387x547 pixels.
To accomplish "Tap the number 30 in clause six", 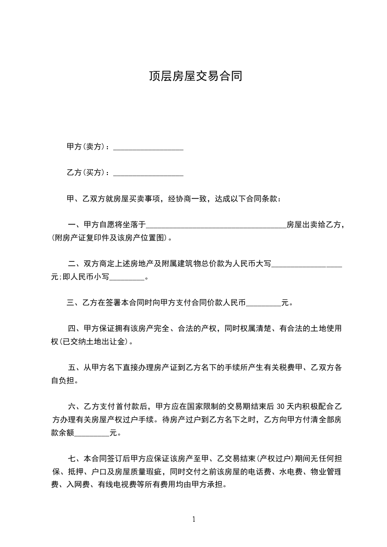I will (280, 407).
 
